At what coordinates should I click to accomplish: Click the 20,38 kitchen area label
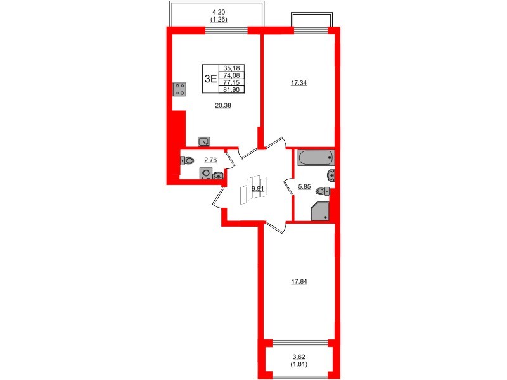point(223,106)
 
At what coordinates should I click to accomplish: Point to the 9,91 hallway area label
point(257,188)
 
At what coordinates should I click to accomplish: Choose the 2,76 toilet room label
point(210,161)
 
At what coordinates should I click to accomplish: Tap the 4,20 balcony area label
point(218,11)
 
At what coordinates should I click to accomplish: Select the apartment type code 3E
point(210,79)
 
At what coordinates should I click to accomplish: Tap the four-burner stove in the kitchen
point(179,89)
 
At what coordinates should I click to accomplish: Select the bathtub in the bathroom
point(316,157)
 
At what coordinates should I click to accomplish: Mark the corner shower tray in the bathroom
point(320,212)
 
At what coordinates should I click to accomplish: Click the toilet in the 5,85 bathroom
point(322,191)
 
